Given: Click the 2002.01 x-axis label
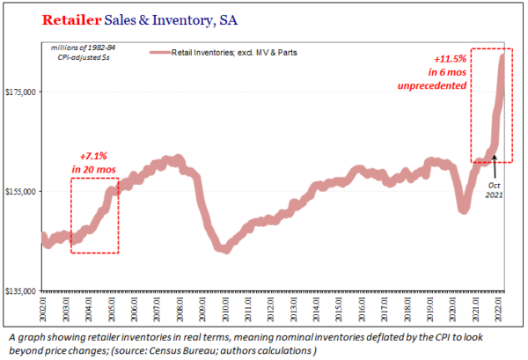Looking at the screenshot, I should [x=42, y=310].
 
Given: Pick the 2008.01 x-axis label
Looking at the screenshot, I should [x=180, y=310].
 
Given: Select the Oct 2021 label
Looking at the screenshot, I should [x=494, y=188].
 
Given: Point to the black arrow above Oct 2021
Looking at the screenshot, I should [x=495, y=165].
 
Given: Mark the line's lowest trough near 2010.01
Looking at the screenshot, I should [x=225, y=249].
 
